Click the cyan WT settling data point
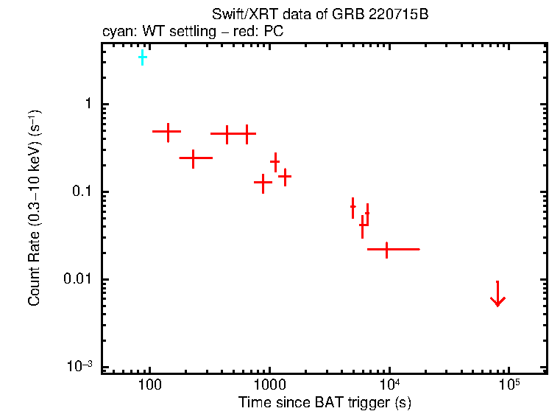coord(142,57)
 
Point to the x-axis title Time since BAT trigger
coord(324,402)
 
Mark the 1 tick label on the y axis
coord(86,105)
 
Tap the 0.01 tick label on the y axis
coord(77,280)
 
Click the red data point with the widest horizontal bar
coord(388,250)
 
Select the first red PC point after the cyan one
coord(168,132)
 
